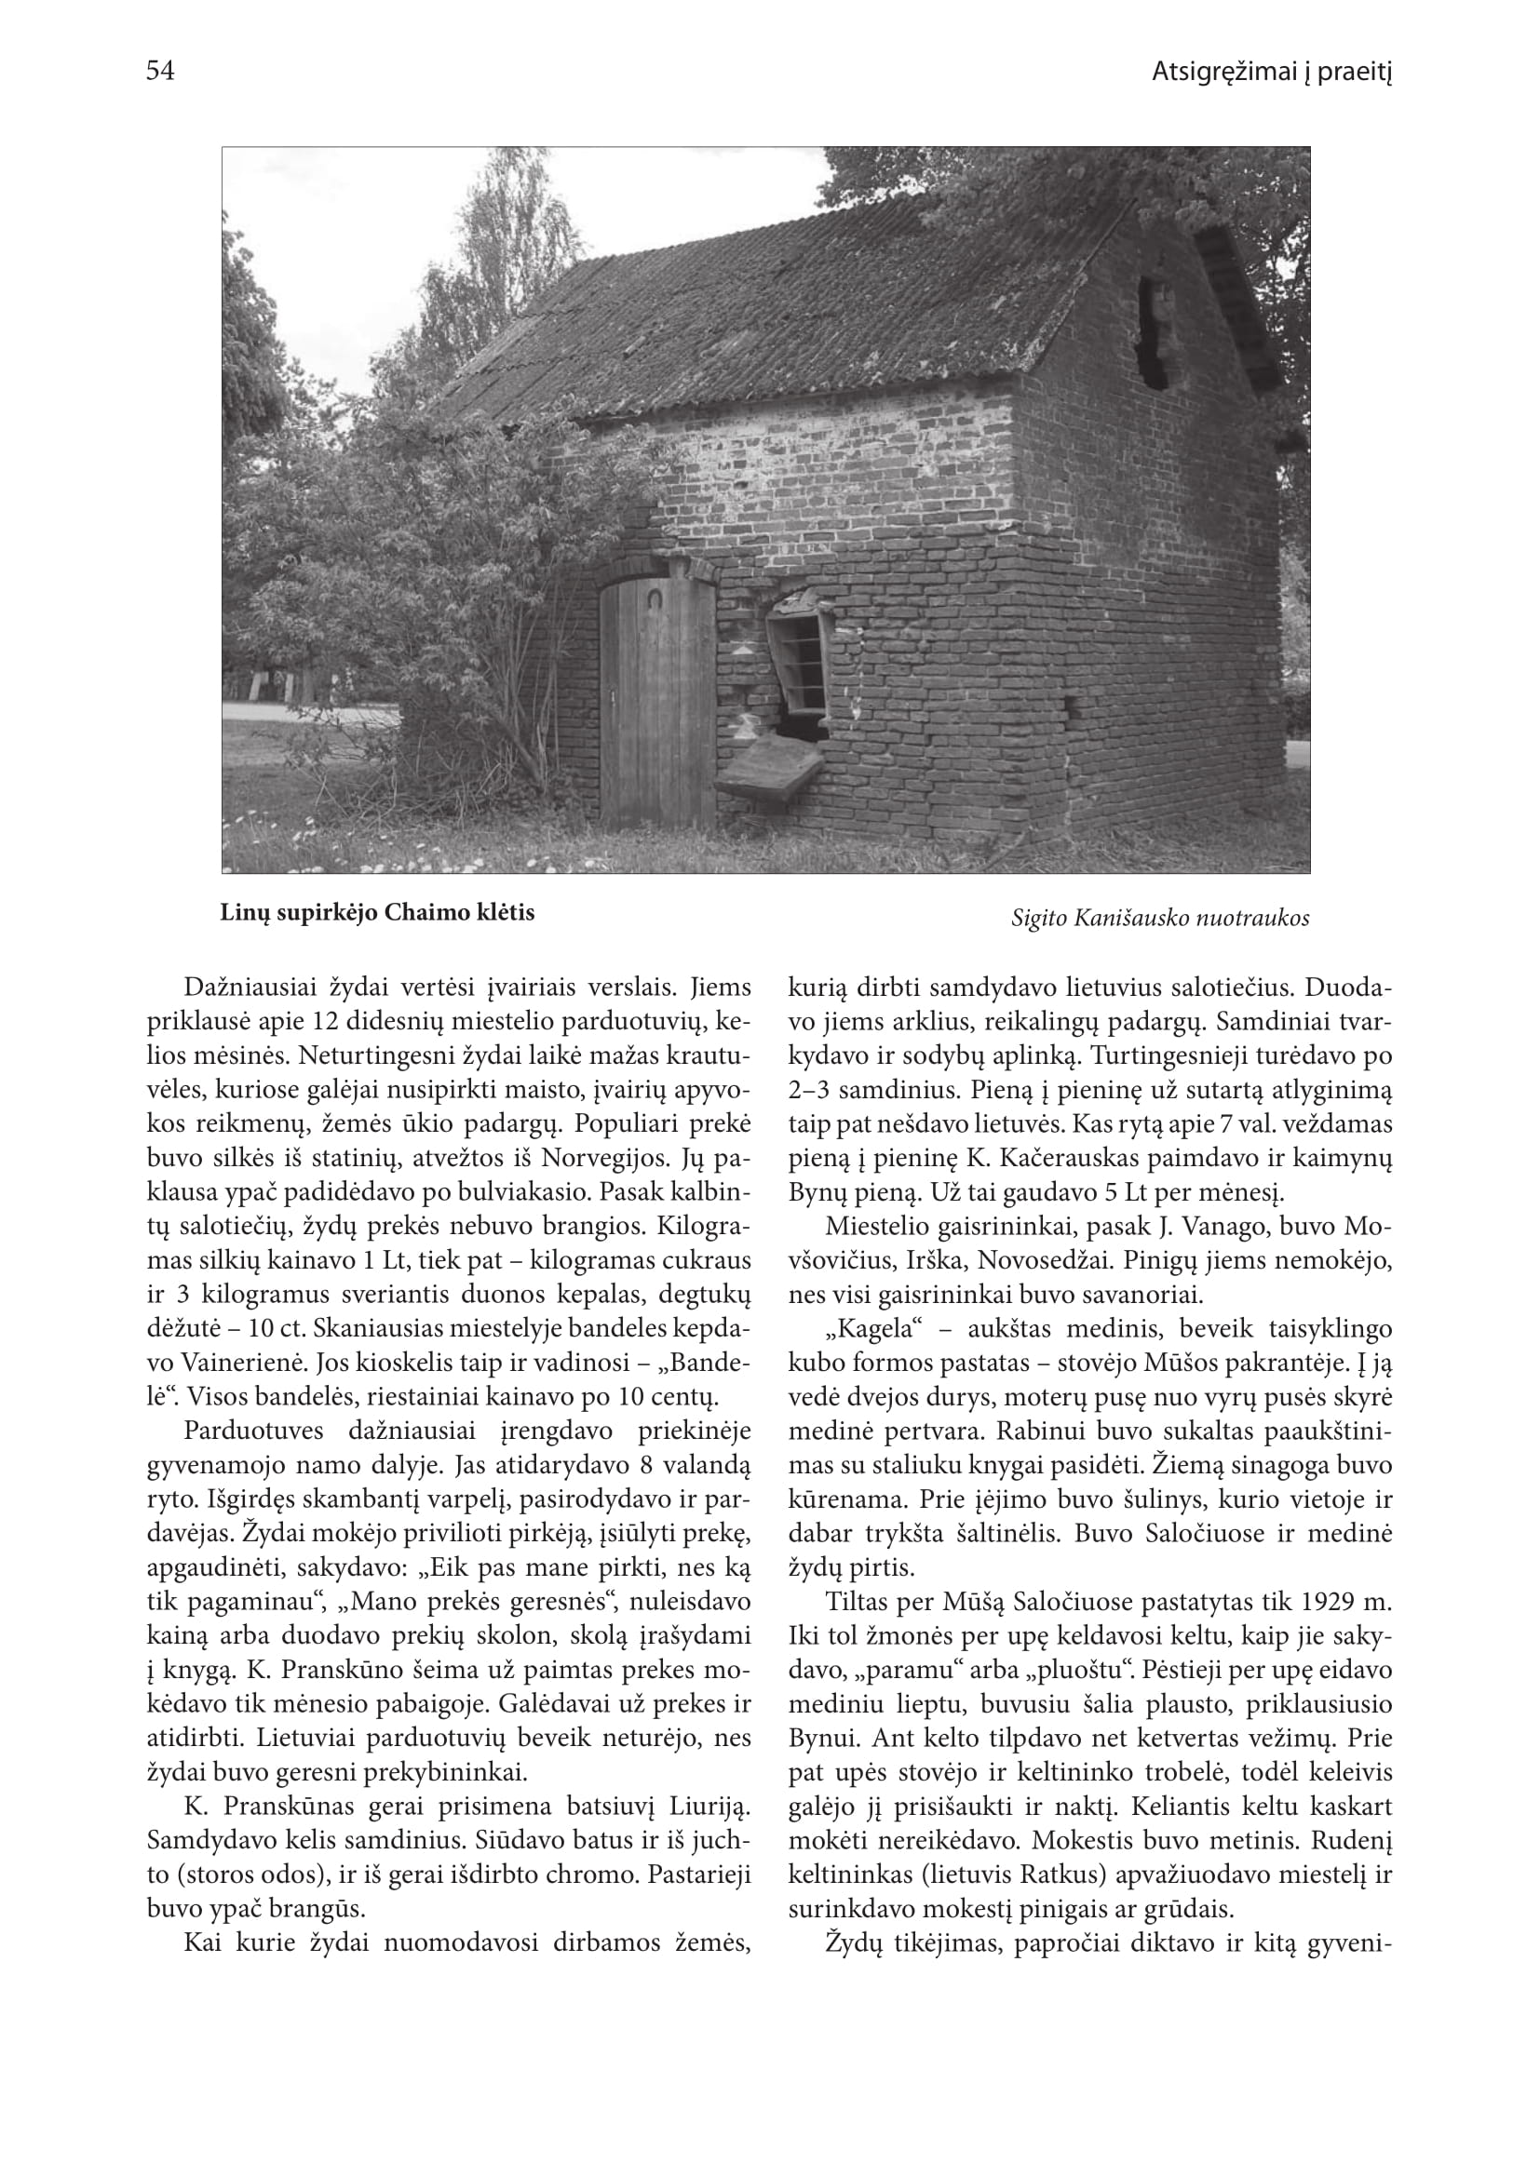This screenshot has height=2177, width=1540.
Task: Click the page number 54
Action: (160, 71)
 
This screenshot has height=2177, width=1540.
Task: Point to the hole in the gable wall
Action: (1153, 332)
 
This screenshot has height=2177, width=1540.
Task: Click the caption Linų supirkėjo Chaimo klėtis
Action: (377, 913)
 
